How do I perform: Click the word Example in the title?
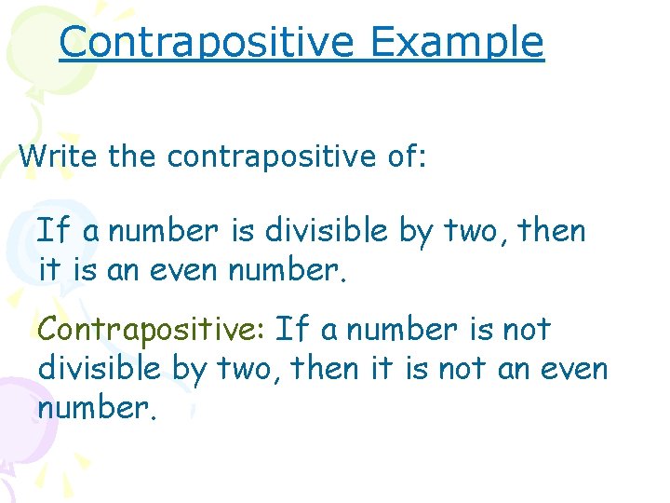(x=456, y=42)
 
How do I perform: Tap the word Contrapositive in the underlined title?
(x=207, y=42)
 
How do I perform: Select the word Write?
(x=58, y=156)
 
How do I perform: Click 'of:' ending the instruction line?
(x=405, y=156)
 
